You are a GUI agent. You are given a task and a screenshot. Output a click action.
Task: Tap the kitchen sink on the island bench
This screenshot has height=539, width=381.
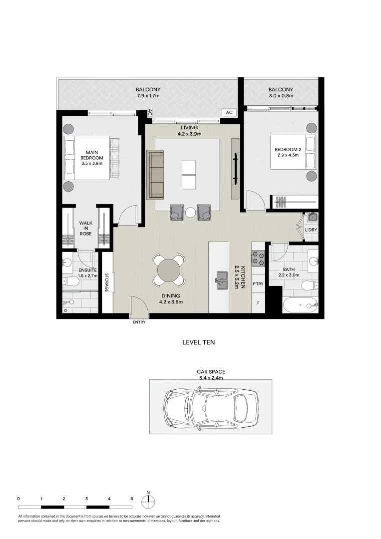[223, 280]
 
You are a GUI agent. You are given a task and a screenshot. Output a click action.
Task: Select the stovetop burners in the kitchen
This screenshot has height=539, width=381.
[258, 257]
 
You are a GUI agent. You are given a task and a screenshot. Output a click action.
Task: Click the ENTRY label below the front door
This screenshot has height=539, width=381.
[139, 322]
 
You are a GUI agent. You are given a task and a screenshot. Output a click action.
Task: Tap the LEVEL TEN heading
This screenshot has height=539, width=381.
[198, 343]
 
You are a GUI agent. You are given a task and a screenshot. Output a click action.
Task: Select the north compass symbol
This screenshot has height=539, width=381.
[148, 501]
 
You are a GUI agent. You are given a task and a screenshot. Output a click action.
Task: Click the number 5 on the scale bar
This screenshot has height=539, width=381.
[132, 498]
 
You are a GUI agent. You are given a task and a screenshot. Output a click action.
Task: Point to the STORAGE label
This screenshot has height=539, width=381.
[107, 282]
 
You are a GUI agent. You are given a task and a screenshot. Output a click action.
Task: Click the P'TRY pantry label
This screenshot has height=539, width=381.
[258, 284]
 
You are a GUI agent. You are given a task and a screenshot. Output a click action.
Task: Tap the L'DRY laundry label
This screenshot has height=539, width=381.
[311, 230]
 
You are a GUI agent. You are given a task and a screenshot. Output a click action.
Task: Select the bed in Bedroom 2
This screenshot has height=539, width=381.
[295, 152]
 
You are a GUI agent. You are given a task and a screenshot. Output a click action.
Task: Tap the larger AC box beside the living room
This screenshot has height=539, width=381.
[229, 113]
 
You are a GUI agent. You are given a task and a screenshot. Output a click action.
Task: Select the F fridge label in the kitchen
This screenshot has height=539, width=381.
[258, 303]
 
